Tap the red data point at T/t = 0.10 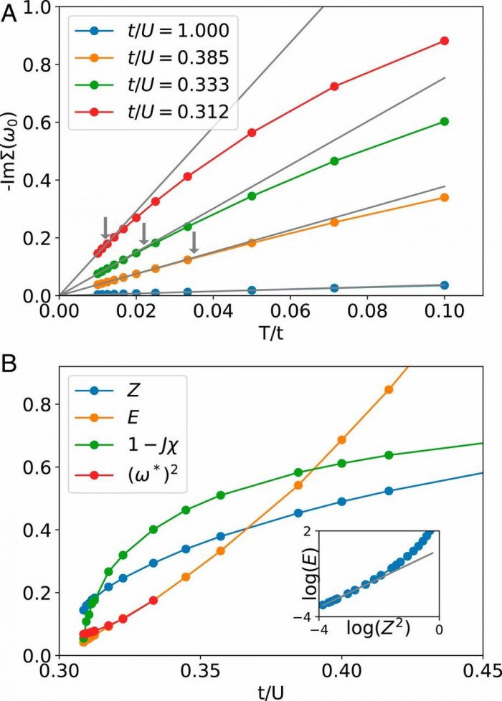[x=444, y=41]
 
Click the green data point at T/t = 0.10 [x=444, y=122]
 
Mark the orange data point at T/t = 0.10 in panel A [x=444, y=197]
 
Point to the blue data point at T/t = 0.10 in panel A [x=444, y=285]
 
